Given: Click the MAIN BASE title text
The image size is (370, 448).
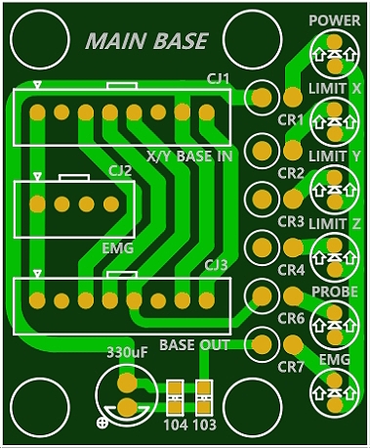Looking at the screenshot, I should coord(146,41).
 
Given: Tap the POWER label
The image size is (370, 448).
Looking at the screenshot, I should coord(335,20).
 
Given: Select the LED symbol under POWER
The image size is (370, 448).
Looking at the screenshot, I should coord(335,55).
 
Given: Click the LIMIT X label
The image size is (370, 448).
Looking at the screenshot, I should coord(335,89).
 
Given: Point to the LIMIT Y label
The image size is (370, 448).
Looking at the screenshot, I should coord(335,157).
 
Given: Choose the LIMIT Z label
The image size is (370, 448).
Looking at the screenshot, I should coord(335,224).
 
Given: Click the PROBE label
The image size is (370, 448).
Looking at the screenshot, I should coord(335,291).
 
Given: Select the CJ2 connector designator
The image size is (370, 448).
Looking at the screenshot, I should coord(121,171).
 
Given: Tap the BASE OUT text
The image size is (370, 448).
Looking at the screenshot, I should coord(194,345).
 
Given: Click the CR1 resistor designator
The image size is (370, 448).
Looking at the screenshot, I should coord(291,119).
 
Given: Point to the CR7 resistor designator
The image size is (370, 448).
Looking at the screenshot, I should coord(291,368).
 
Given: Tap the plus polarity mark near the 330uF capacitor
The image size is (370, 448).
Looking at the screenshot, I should coord(103,423).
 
